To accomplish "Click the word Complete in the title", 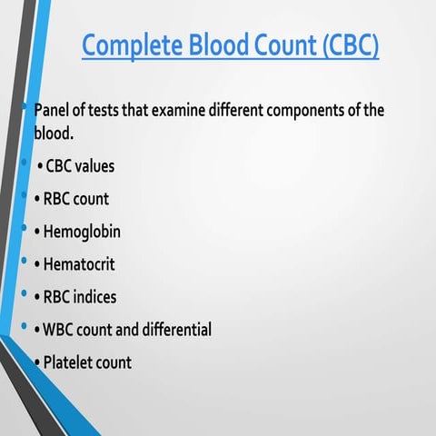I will [x=129, y=45].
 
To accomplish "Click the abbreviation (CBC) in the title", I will [x=350, y=45].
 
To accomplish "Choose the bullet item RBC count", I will [x=75, y=199].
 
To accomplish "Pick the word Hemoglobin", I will [x=82, y=232].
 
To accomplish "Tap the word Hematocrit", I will [x=79, y=264].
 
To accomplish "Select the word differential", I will [x=172, y=330].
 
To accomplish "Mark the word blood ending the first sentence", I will [x=54, y=133].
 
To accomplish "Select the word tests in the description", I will [x=116, y=111].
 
